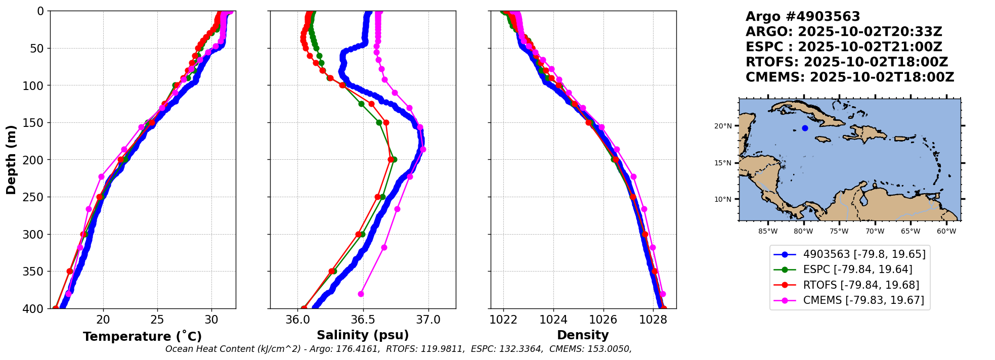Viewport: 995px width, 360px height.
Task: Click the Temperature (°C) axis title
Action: click(x=142, y=336)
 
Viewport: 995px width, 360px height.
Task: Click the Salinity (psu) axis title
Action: click(x=363, y=335)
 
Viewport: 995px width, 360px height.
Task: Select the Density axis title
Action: click(x=583, y=335)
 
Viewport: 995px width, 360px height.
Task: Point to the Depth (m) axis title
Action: click(x=11, y=160)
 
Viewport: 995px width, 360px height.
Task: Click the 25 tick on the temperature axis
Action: click(x=157, y=320)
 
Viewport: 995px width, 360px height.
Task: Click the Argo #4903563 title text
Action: click(x=803, y=17)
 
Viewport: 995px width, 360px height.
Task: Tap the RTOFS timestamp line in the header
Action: click(x=846, y=62)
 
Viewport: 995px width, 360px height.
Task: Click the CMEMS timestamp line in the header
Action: click(x=849, y=77)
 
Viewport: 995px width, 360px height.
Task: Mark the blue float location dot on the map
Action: click(x=805, y=128)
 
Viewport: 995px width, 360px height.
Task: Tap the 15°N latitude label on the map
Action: click(x=723, y=163)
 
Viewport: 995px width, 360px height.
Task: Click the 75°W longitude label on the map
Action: click(x=839, y=232)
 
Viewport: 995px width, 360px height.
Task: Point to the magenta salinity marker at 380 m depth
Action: click(x=361, y=294)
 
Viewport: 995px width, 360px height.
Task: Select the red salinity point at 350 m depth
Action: click(x=331, y=272)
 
